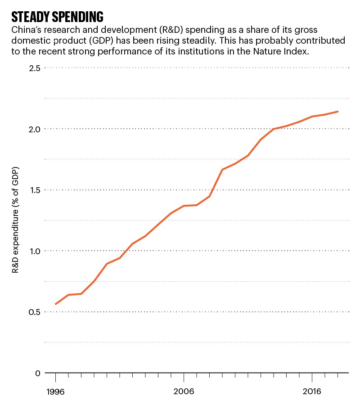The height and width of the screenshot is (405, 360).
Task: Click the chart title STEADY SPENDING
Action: [x=57, y=17]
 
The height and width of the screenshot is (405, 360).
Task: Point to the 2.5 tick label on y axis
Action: [x=35, y=68]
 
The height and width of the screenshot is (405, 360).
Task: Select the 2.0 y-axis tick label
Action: [x=35, y=129]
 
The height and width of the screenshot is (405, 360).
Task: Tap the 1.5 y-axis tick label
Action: [x=35, y=190]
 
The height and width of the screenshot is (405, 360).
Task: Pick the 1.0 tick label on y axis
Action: [x=35, y=251]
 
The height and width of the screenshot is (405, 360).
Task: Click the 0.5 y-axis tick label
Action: [x=35, y=312]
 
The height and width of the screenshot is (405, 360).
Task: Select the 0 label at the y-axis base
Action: [x=38, y=373]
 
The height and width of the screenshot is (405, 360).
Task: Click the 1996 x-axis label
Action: [x=55, y=392]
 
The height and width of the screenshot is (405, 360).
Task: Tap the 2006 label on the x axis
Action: [x=184, y=392]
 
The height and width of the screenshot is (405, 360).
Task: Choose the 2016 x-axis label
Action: [x=312, y=392]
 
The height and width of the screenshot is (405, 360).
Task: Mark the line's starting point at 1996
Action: [x=56, y=304]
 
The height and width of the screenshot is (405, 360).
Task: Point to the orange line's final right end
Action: [x=338, y=112]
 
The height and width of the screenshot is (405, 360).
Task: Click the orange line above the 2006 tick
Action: [x=184, y=206]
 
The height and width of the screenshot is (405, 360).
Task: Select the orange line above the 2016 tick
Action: [x=312, y=117]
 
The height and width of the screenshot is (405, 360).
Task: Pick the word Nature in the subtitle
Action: [x=263, y=51]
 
